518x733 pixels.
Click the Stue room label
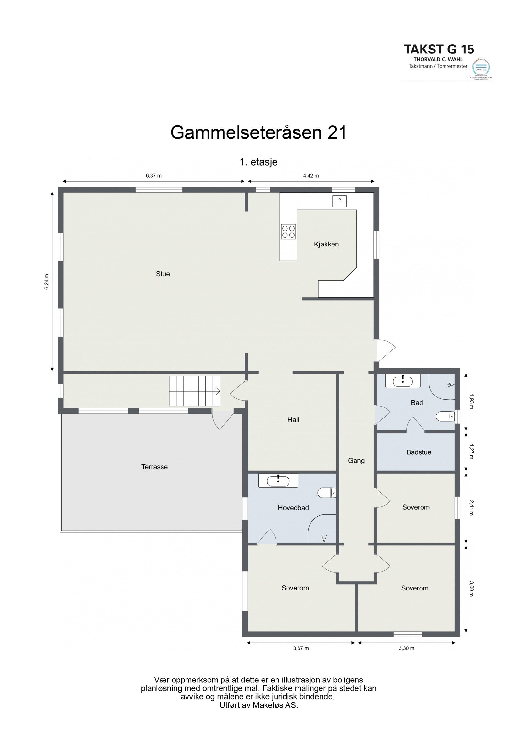point(163,274)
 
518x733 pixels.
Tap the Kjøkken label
point(326,244)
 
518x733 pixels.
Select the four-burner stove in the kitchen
point(288,232)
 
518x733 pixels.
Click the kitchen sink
point(340,201)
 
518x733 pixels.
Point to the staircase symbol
point(194,391)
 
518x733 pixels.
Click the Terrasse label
point(154,467)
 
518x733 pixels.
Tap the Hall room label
point(293,420)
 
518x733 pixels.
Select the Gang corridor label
point(356,460)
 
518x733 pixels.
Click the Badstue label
point(419,452)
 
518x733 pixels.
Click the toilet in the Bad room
point(445,417)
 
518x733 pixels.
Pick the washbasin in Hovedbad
point(278,490)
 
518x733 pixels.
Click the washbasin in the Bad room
point(402,381)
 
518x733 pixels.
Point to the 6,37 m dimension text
point(153,176)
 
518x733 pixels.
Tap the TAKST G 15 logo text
point(439,49)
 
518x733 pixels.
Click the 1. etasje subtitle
point(258,162)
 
